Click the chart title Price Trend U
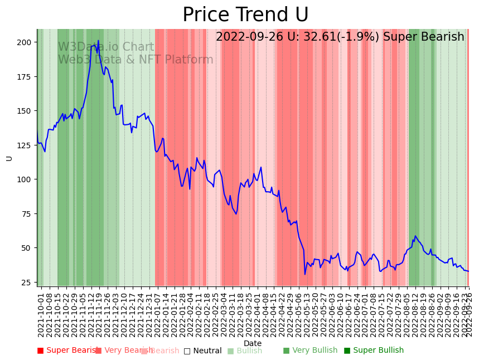pyautogui.click(x=245, y=15)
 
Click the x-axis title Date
pyautogui.click(x=253, y=343)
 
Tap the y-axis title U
pyautogui.click(x=9, y=158)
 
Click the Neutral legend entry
pyautogui.click(x=203, y=351)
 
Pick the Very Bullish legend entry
pyautogui.click(x=310, y=351)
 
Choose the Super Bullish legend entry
pyautogui.click(x=374, y=351)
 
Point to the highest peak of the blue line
pyautogui.click(x=98, y=40)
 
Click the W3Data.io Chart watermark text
pyautogui.click(x=106, y=47)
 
